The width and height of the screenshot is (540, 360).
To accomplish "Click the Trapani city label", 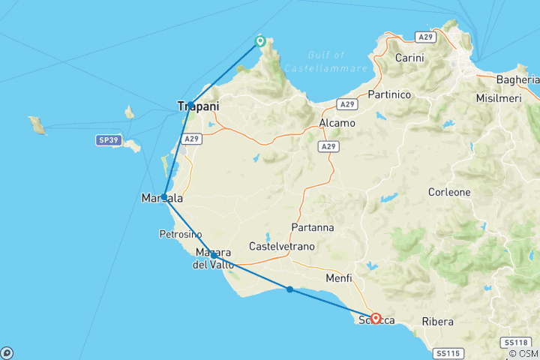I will point(199,107).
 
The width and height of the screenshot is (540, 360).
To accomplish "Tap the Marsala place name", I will point(161,199).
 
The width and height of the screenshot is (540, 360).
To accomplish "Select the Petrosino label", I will point(180,234).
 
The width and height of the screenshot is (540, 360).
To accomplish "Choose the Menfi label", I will point(339,279).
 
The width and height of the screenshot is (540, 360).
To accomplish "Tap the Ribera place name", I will point(437,322).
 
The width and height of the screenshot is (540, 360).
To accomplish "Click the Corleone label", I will point(449,192).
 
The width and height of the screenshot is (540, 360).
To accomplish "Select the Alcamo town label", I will point(331,121).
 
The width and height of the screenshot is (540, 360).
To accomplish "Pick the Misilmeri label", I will point(499,98).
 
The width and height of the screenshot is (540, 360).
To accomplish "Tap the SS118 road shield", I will point(514,341).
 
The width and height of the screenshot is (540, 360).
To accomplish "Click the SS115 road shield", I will point(448,352).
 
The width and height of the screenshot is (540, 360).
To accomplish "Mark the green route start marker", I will point(260,41).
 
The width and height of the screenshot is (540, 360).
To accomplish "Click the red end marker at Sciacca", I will point(376,319).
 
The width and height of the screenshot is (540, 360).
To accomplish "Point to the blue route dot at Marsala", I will point(164,196).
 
